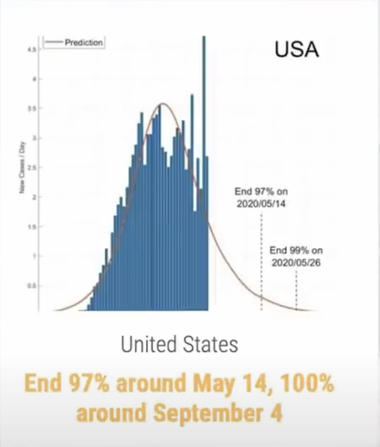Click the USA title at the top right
(296, 49)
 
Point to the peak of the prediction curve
(161, 104)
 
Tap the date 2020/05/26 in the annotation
(296, 262)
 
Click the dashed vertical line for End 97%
(261, 262)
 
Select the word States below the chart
(209, 344)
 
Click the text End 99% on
(296, 250)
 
